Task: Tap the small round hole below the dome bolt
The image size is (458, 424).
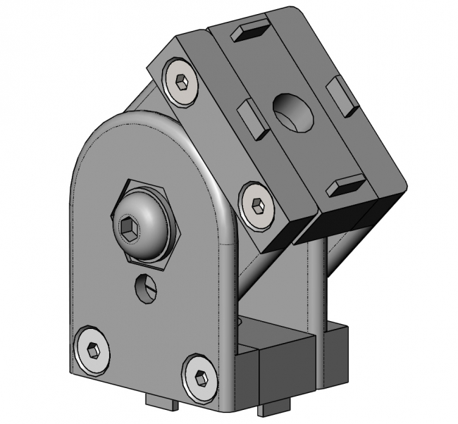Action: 145,287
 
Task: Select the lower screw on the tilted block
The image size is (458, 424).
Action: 256,206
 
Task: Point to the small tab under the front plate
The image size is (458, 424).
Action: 163,401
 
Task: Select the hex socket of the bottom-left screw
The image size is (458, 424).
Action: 92,349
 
